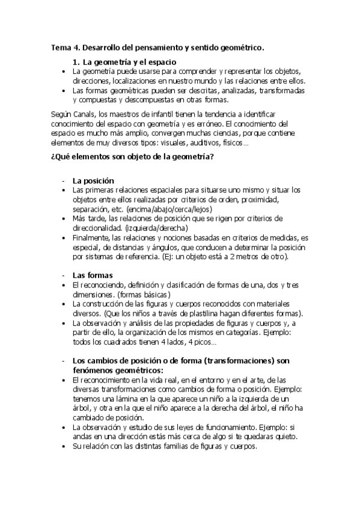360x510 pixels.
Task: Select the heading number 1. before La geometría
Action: [76, 62]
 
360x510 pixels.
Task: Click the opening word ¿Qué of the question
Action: [58, 158]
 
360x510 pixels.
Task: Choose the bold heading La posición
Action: [93, 180]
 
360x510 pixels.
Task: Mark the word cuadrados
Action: [108, 342]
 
